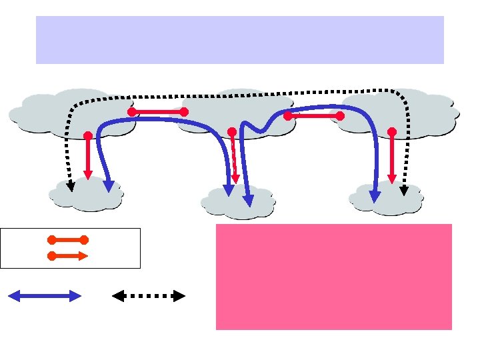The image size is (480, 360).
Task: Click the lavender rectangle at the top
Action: [239, 40]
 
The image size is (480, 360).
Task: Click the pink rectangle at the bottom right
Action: [333, 277]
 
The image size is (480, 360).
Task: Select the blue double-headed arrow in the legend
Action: [44, 296]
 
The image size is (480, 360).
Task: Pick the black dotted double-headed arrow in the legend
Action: [148, 296]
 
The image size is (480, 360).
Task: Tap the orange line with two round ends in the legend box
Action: [67, 239]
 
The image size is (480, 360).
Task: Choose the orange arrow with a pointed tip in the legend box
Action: [67, 255]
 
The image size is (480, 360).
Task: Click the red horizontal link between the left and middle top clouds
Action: [158, 112]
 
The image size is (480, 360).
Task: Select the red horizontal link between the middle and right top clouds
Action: [313, 116]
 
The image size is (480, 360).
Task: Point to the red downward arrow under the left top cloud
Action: [87, 157]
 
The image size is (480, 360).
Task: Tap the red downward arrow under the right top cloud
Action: [392, 157]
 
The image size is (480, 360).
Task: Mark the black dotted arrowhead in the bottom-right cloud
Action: [404, 190]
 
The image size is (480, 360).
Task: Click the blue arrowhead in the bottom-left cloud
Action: [109, 186]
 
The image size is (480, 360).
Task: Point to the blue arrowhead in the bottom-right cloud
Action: [375, 196]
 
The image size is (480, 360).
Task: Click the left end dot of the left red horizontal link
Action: [132, 112]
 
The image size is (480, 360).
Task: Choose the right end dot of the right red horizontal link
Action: [340, 116]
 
